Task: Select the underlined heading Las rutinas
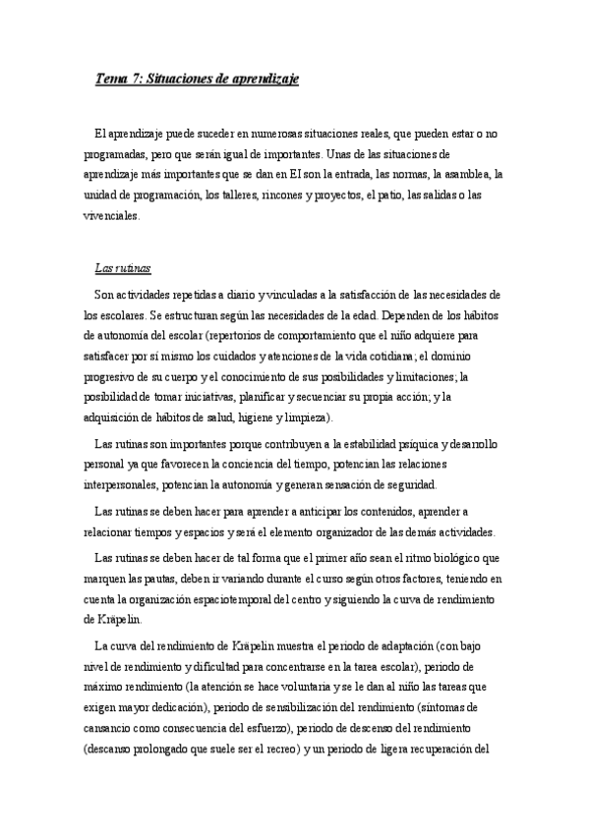(x=122, y=268)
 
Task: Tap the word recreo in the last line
(x=279, y=748)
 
